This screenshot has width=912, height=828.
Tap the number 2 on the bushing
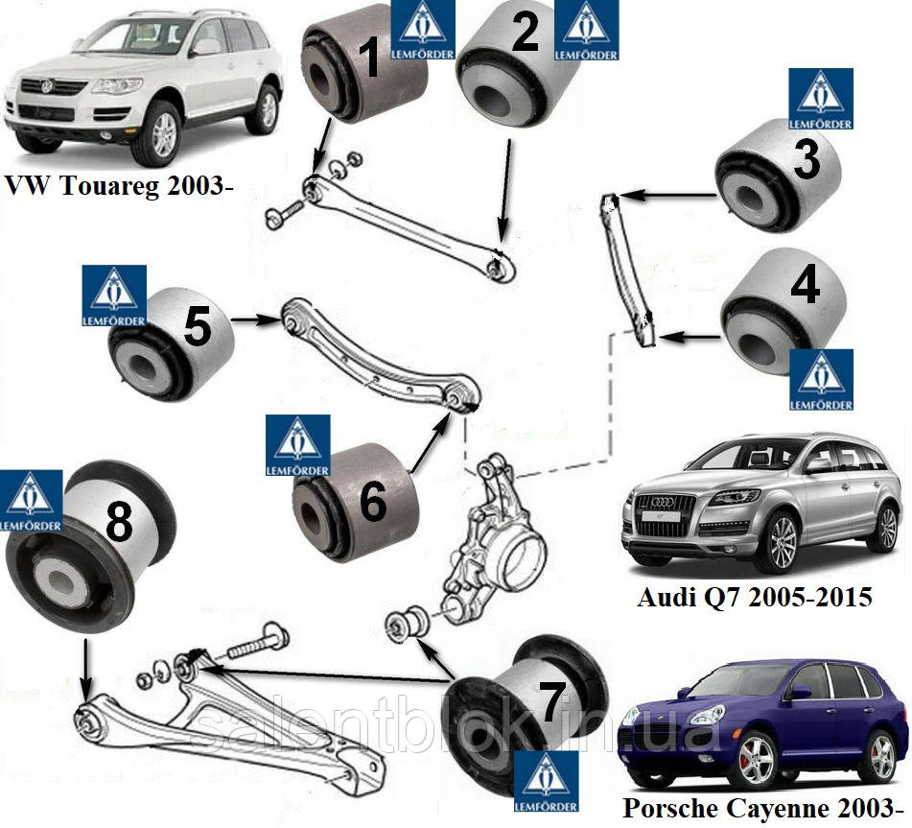tap(525, 33)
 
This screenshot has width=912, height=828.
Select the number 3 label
tap(806, 161)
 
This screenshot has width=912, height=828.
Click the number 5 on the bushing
tap(197, 327)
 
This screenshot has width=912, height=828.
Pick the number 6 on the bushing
tap(372, 500)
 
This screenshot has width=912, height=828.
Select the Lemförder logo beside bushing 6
tap(297, 446)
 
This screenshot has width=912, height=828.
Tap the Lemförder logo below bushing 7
tap(548, 782)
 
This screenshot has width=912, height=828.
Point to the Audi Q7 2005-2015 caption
tap(755, 598)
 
